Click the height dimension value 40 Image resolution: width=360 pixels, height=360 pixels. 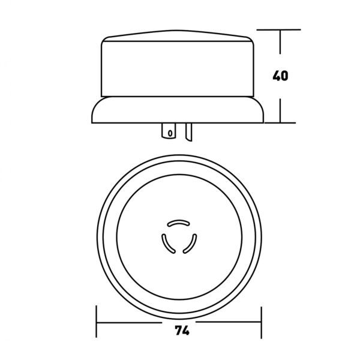pyautogui.click(x=280, y=76)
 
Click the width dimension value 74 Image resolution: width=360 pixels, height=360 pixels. pyautogui.click(x=182, y=331)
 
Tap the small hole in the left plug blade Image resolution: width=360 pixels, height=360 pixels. pyautogui.click(x=170, y=133)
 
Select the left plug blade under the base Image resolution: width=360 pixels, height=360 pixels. pyautogui.click(x=169, y=131)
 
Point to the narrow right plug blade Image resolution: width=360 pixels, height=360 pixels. pyautogui.click(x=189, y=132)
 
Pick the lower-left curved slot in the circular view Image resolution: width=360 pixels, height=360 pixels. pyautogui.click(x=167, y=244)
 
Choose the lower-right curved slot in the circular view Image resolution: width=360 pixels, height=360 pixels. pyautogui.click(x=191, y=244)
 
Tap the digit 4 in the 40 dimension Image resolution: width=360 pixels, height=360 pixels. pyautogui.click(x=276, y=76)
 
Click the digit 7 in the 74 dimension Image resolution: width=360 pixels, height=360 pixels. pyautogui.click(x=178, y=331)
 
